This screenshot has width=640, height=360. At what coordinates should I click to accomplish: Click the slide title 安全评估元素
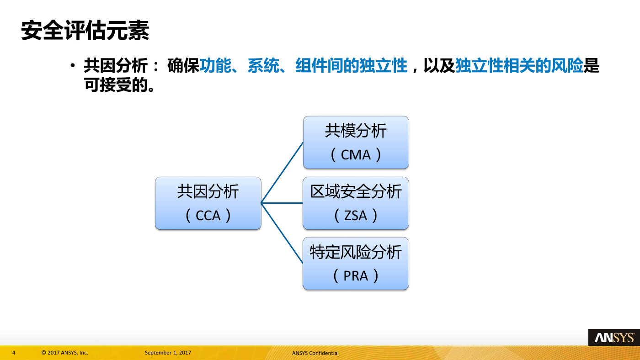(85, 30)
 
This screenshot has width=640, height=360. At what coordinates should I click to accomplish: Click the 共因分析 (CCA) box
(208, 203)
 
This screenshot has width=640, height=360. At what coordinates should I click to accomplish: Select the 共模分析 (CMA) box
(356, 143)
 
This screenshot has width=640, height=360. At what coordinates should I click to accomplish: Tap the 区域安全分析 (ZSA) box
(356, 203)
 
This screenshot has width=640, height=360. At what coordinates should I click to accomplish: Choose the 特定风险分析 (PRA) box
(356, 264)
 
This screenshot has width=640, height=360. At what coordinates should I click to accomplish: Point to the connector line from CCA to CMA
(282, 173)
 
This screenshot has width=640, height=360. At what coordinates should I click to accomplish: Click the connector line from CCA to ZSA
(282, 203)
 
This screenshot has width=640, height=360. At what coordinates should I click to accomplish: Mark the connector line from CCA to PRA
(282, 233)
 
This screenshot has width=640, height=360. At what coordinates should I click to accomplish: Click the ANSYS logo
(614, 338)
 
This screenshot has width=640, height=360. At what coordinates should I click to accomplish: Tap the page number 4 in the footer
(14, 353)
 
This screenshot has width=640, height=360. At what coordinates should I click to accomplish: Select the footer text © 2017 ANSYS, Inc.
(65, 353)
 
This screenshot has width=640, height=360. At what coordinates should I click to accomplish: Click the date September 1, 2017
(168, 353)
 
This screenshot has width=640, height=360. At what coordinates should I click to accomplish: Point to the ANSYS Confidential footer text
(315, 353)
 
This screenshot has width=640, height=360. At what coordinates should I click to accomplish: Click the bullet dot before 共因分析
(73, 66)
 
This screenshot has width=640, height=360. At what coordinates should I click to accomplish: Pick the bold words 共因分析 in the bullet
(116, 66)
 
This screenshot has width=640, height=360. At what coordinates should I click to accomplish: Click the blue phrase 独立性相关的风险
(519, 66)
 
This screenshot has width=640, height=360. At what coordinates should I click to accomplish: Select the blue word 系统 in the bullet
(263, 66)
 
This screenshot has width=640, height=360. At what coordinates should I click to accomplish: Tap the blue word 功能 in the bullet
(215, 66)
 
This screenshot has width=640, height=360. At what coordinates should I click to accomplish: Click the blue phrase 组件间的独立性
(352, 66)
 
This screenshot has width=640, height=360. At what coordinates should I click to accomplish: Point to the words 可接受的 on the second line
(116, 85)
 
